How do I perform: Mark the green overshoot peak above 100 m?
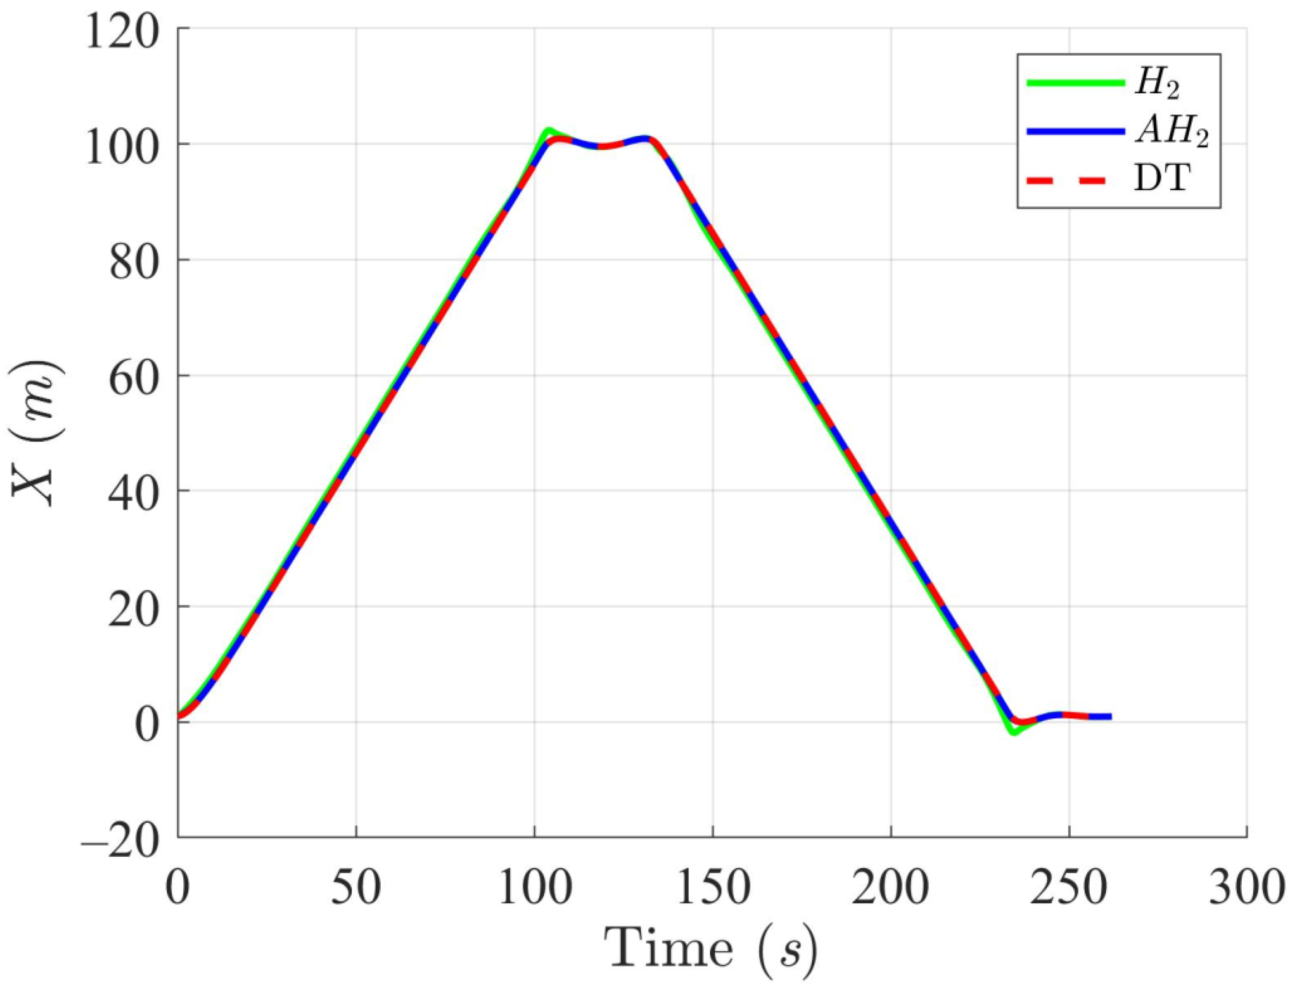click(548, 130)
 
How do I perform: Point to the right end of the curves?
click(1110, 716)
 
